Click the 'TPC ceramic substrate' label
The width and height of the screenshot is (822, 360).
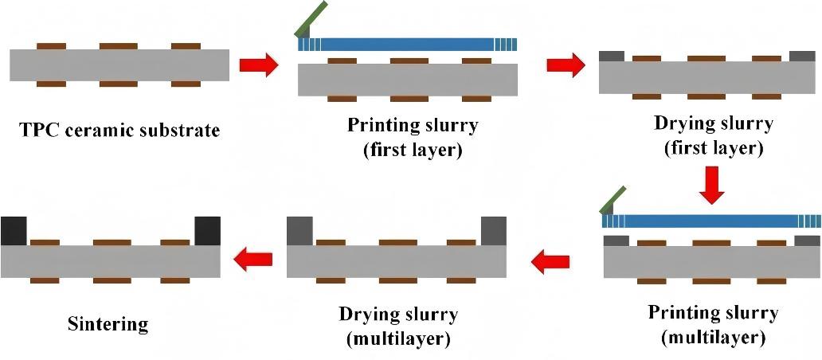pyautogui.click(x=119, y=130)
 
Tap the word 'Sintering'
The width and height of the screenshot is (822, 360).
pyautogui.click(x=108, y=324)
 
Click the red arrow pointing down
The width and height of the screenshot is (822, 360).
pyautogui.click(x=713, y=184)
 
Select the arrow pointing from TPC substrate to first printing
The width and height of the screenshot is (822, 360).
pyautogui.click(x=258, y=65)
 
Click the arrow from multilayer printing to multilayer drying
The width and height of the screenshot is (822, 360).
pyautogui.click(x=550, y=260)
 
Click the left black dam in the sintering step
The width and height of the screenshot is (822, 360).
pyautogui.click(x=14, y=230)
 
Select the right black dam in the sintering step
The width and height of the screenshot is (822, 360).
pyautogui.click(x=207, y=230)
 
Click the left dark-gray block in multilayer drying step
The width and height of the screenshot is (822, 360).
pyautogui.click(x=299, y=230)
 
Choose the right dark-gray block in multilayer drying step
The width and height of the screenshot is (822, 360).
pyautogui.click(x=494, y=230)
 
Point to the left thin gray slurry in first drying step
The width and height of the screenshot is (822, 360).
pyautogui.click(x=612, y=57)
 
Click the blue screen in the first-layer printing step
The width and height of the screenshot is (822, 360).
pyautogui.click(x=406, y=45)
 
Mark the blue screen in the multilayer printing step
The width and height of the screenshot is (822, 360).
pyautogui.click(x=709, y=221)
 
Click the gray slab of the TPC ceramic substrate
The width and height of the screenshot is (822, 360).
pyautogui.click(x=119, y=65)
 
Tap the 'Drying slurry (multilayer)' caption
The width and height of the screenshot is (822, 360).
pyautogui.click(x=398, y=326)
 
